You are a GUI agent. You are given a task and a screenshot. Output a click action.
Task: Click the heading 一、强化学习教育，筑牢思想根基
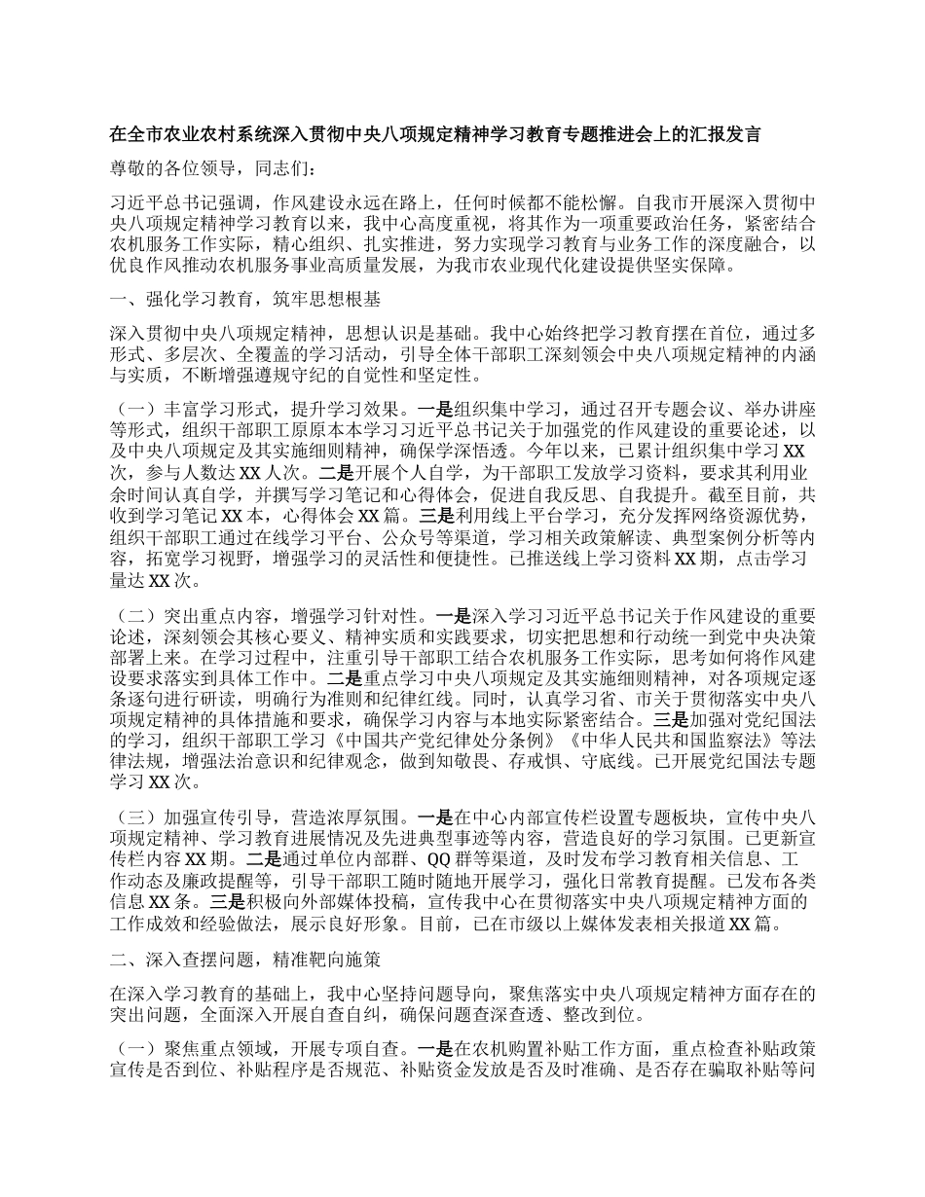tap(245, 299)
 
